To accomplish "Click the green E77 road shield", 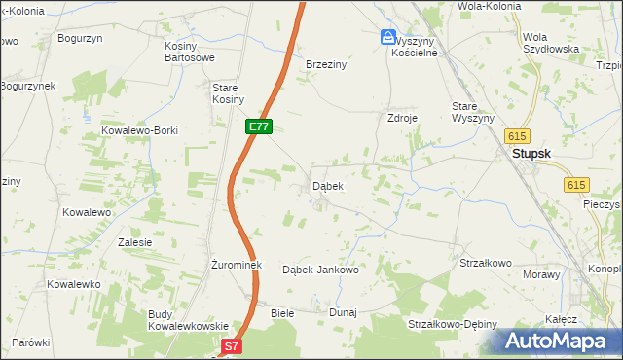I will [258, 126].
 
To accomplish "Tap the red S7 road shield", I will [231, 345].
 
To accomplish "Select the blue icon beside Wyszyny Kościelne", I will [388, 38].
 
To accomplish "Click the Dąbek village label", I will [327, 185].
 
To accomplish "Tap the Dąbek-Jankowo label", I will [320, 270].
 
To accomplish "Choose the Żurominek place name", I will [234, 265].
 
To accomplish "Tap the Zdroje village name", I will [402, 118].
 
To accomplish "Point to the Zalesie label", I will [134, 242].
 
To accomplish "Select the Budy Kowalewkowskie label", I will [188, 320].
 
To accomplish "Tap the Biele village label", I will [282, 313].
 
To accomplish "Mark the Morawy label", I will [541, 274].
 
